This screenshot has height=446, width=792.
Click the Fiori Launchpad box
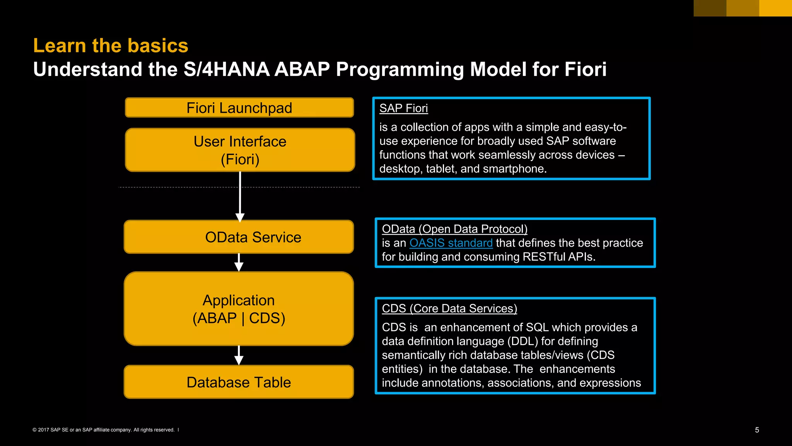[239, 108]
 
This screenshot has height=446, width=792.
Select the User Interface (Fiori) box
[240, 150]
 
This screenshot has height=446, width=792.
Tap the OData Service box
[239, 237]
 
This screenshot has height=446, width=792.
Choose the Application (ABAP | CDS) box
[239, 309]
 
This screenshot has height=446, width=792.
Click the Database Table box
[239, 382]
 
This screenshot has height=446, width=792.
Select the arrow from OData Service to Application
[239, 263]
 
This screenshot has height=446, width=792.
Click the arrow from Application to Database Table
[239, 356]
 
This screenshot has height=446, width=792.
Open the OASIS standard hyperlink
[451, 243]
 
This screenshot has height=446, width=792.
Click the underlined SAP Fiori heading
[403, 108]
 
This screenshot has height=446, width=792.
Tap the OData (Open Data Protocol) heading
[454, 229]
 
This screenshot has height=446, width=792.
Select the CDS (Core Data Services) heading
[449, 308]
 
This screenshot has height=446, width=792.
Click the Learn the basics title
[111, 45]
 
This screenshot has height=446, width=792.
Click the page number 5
[757, 430]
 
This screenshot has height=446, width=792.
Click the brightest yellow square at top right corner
[775, 8]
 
